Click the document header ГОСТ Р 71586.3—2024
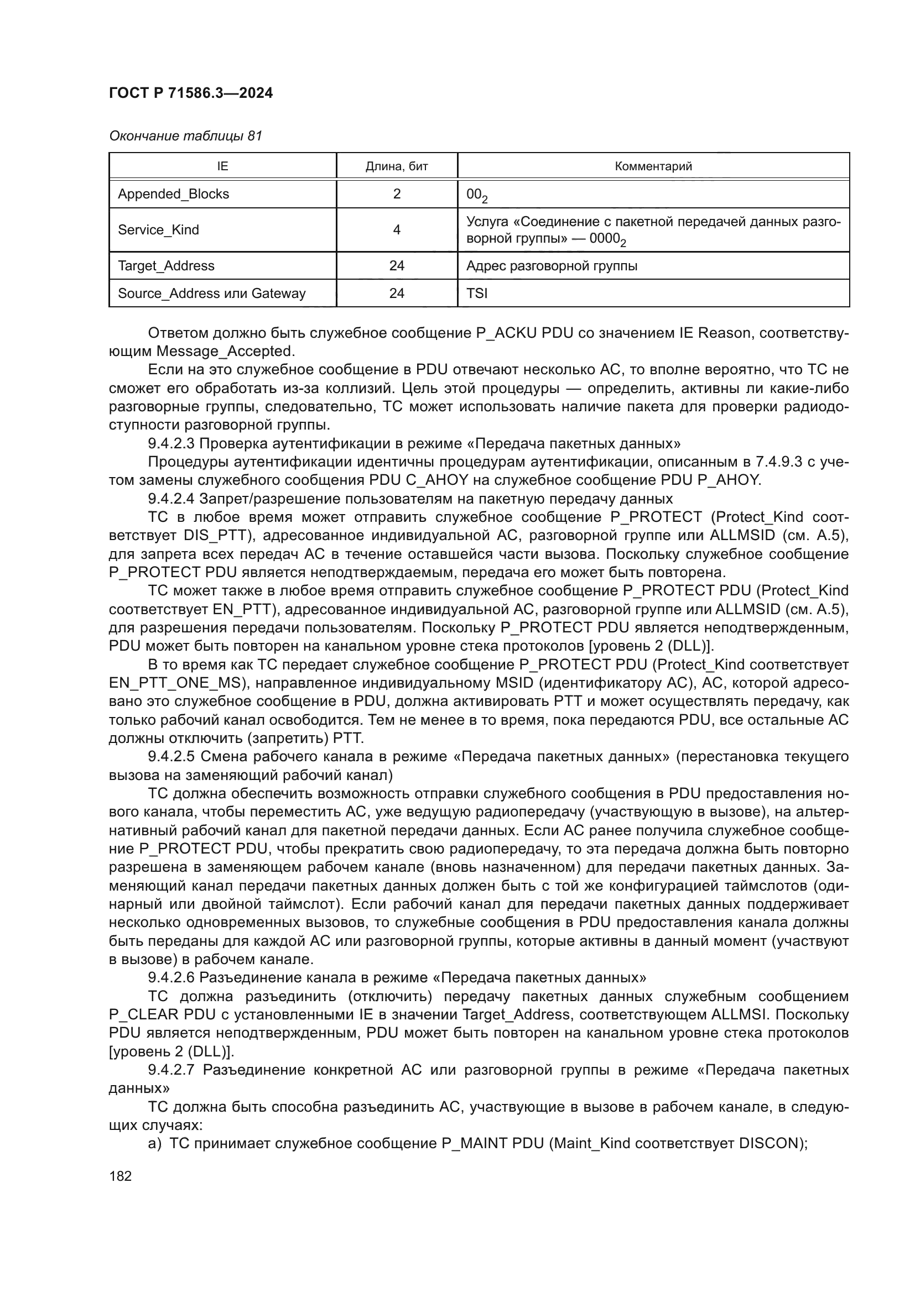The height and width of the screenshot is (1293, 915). point(190,93)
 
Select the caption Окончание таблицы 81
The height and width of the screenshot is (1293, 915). point(185,136)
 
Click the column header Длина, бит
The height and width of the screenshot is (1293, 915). point(397,166)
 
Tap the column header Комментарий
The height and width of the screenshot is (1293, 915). point(653,166)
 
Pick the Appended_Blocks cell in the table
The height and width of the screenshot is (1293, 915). point(174,194)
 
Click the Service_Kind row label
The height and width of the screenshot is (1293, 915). point(158,230)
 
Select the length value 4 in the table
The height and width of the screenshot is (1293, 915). point(397,230)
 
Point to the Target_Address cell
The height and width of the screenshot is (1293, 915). point(166,266)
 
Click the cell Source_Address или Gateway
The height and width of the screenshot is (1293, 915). point(211,294)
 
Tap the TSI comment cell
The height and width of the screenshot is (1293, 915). point(477,294)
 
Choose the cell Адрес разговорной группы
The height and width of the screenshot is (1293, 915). point(552,266)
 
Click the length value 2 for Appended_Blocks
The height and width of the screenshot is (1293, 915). point(397,194)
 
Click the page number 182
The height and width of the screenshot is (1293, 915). point(120,1176)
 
